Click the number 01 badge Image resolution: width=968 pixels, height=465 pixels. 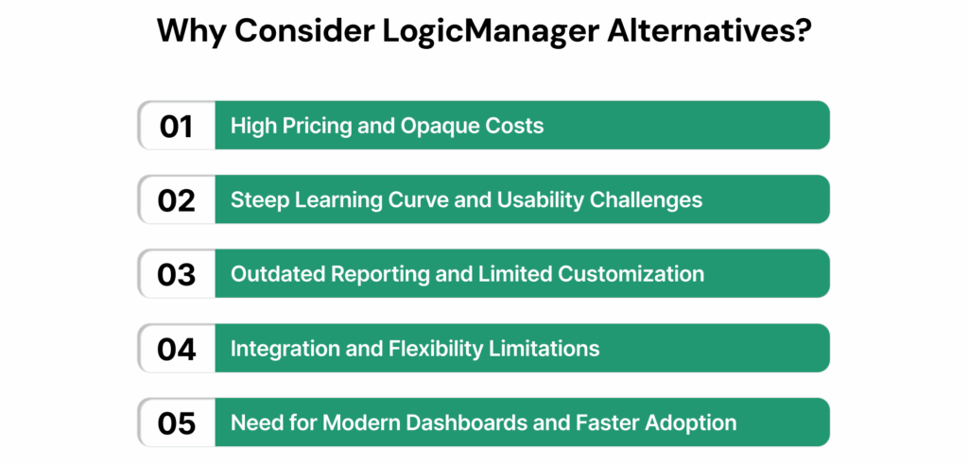[177, 126]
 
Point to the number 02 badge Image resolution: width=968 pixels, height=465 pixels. [177, 199]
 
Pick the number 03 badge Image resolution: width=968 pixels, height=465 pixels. [177, 273]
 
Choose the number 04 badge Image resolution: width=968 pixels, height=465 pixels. [177, 349]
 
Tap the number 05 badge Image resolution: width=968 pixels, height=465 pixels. [177, 422]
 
